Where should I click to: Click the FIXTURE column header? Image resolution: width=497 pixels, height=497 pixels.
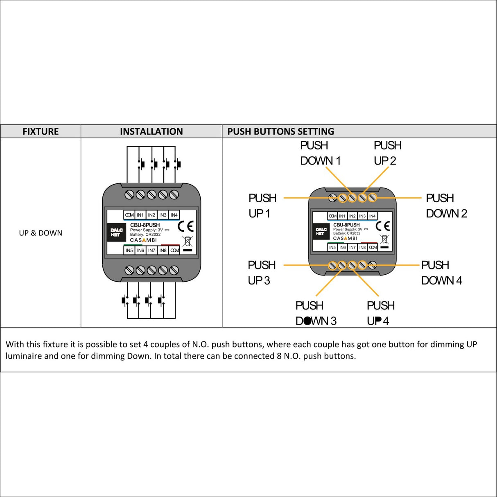pos(41,131)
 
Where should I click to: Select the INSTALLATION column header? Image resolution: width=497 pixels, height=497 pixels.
pos(151,131)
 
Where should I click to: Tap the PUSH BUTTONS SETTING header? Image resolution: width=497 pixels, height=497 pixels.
pos(280,131)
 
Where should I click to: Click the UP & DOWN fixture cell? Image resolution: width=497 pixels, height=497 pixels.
pos(41,233)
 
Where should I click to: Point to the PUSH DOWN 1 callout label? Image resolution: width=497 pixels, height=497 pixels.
pos(320,153)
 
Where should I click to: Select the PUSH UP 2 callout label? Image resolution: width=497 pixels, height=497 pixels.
pos(387,153)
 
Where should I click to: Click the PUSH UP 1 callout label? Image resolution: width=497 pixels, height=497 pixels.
pos(262,206)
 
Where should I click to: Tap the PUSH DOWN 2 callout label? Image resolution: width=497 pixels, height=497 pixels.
pos(446,206)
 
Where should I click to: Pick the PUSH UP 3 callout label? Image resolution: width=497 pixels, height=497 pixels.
pos(261,273)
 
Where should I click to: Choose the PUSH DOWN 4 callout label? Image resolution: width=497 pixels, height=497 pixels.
pos(441,273)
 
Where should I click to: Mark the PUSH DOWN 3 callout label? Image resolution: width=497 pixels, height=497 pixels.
pos(316,313)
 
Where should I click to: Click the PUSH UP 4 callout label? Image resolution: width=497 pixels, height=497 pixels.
pos(380,313)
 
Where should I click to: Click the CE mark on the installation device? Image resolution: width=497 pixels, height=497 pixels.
pos(185,226)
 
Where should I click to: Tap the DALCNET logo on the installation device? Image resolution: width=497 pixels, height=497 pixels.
pos(116,233)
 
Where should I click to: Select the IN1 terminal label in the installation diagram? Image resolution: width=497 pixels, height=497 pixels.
pos(140,215)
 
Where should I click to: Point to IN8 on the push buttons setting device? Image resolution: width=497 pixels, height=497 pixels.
pos(362,247)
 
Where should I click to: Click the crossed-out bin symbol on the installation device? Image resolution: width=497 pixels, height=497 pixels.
pos(187,241)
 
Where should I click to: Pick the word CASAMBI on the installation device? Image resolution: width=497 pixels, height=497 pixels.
pos(143,240)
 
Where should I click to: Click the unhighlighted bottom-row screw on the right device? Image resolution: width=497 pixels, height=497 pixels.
pos(372,265)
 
